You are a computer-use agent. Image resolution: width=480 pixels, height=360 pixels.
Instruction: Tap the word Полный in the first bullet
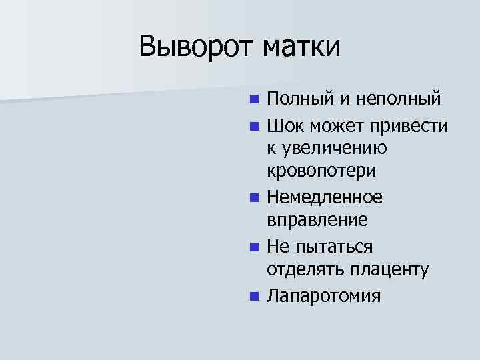click(294, 100)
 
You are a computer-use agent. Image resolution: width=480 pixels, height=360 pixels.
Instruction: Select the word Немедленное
click(325, 197)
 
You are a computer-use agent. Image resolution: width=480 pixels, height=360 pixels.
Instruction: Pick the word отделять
click(305, 270)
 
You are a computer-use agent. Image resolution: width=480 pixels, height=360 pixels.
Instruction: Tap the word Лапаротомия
click(324, 295)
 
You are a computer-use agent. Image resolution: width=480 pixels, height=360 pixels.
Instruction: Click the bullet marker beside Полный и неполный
click(253, 101)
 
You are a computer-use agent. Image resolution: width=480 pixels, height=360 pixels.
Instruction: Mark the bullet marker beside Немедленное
click(253, 198)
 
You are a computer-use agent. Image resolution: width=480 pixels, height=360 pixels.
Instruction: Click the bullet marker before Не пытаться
click(253, 247)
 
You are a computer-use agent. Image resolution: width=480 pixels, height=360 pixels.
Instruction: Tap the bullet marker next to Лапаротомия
click(253, 295)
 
